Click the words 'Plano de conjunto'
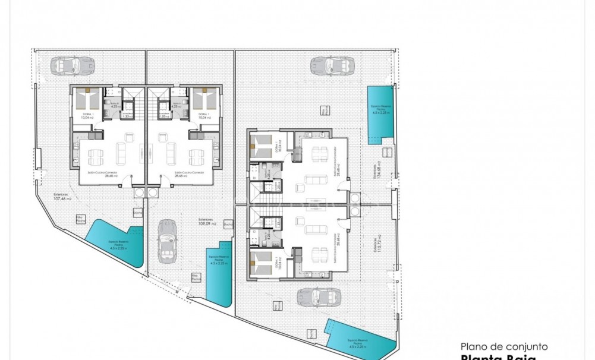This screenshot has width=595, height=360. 503,346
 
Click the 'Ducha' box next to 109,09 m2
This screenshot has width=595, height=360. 228,224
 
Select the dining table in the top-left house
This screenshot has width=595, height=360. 95,157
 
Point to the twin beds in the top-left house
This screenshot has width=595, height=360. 87,99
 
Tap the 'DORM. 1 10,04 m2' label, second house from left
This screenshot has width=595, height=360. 203,116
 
